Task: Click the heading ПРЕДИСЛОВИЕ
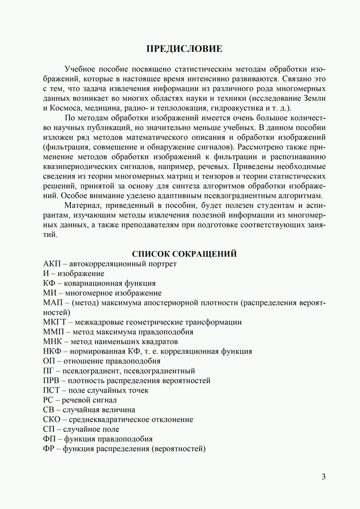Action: [x=184, y=49]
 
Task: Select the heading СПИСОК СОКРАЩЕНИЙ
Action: [x=184, y=253]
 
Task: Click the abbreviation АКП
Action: [x=52, y=264]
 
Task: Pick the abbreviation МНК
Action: [x=54, y=342]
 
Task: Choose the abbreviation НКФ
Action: [x=53, y=352]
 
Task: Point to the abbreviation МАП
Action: [x=54, y=303]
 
